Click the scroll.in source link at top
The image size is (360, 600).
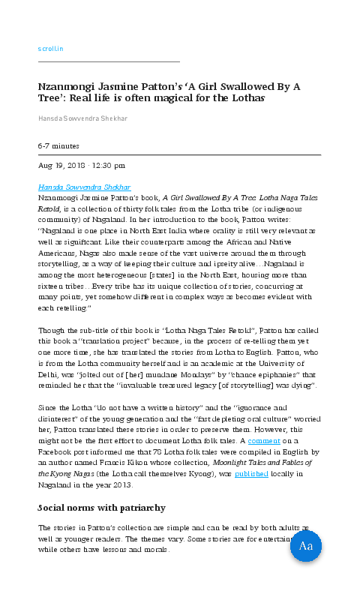click(x=50, y=49)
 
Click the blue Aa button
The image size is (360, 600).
click(x=305, y=545)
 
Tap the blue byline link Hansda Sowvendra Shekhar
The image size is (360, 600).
click(x=84, y=187)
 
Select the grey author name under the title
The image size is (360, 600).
click(x=84, y=118)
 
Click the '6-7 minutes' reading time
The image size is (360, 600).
click(x=58, y=145)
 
